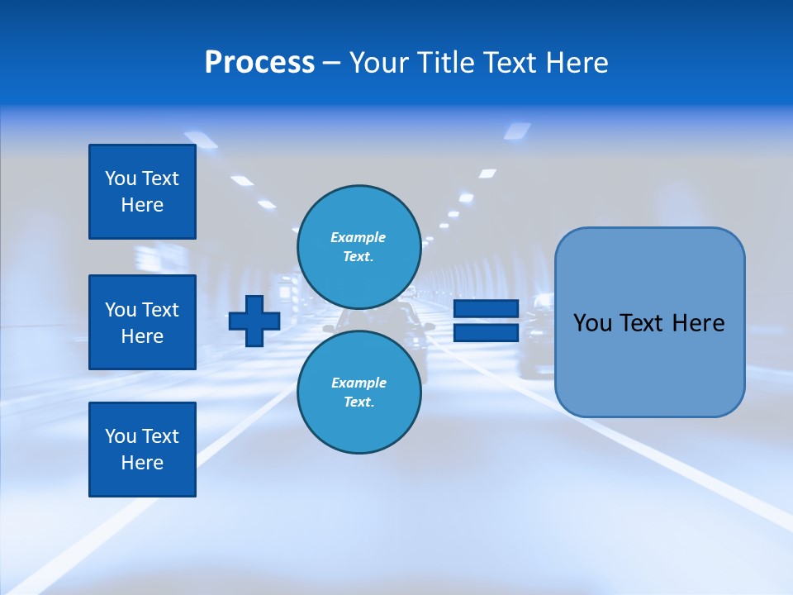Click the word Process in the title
pyautogui.click(x=259, y=63)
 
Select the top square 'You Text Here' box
pyautogui.click(x=142, y=192)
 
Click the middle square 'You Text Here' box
pyautogui.click(x=142, y=322)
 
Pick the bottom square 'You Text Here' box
pyautogui.click(x=142, y=450)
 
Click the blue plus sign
pyautogui.click(x=254, y=321)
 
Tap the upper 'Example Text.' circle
pyautogui.click(x=359, y=246)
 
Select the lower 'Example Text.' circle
pyautogui.click(x=359, y=392)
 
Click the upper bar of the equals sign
pyautogui.click(x=486, y=309)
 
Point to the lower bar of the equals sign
pyautogui.click(x=486, y=332)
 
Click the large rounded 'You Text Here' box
pyautogui.click(x=649, y=322)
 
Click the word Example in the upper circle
pyautogui.click(x=359, y=237)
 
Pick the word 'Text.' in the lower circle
pyautogui.click(x=359, y=402)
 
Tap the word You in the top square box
pyautogui.click(x=120, y=178)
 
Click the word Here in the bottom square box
pyautogui.click(x=142, y=463)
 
